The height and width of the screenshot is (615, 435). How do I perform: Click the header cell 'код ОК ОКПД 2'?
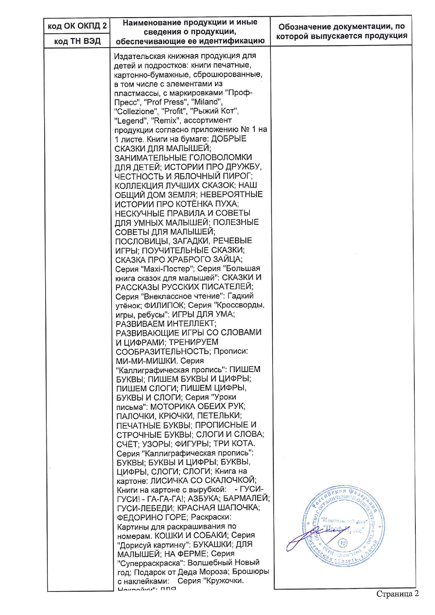(77, 26)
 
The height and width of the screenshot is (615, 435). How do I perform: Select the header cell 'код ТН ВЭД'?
(77, 41)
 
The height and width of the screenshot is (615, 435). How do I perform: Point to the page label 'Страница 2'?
(397, 594)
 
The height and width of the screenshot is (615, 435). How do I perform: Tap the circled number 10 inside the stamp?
(342, 543)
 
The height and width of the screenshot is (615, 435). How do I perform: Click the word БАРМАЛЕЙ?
(246, 498)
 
